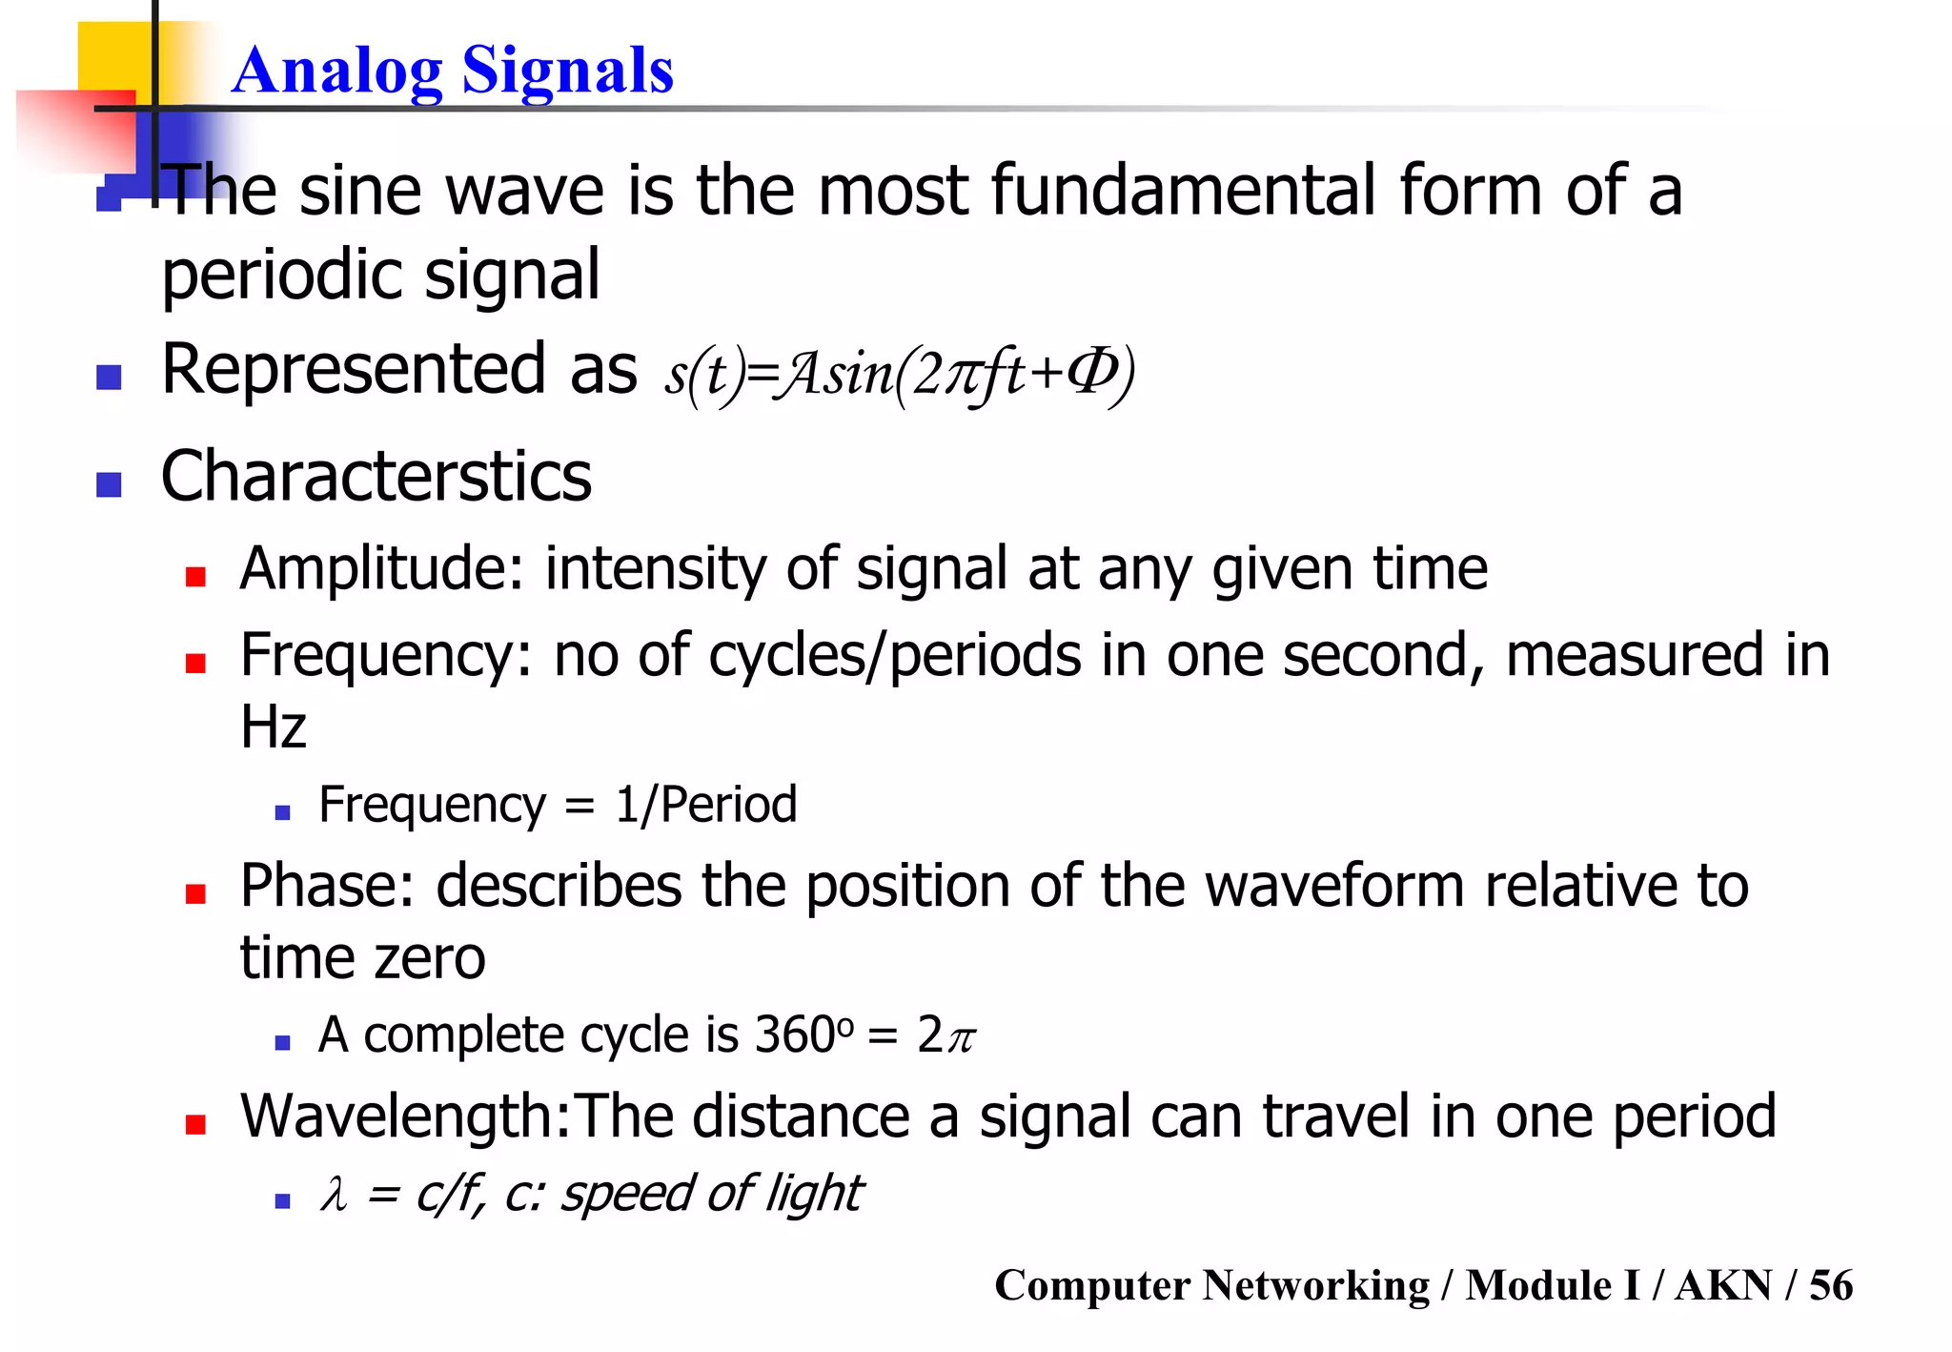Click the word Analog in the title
pos(336,72)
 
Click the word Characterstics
pos(376,476)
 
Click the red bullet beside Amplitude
pos(196,576)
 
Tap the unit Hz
pos(274,727)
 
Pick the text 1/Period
pos(706,805)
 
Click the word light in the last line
pos(817,1194)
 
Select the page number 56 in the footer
pos(1831,1285)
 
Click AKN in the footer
pos(1723,1285)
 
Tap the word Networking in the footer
pos(1315,1285)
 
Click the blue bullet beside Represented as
pos(110,378)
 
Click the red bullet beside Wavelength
pos(196,1124)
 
